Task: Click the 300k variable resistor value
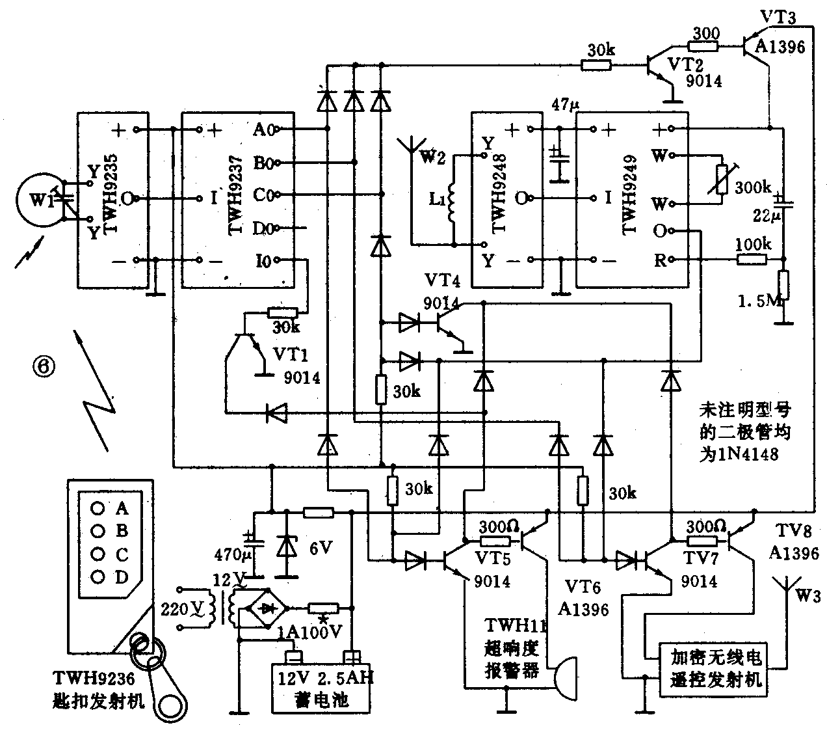pyautogui.click(x=752, y=188)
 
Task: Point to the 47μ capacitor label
pyautogui.click(x=563, y=104)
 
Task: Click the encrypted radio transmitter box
pyautogui.click(x=713, y=670)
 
